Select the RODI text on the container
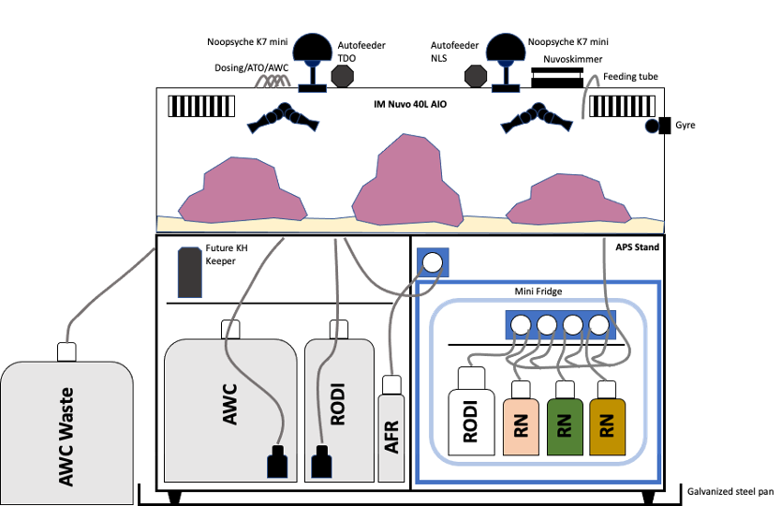[338, 403]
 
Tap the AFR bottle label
[391, 436]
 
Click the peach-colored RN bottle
[521, 427]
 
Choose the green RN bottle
[564, 427]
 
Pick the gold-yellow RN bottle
[607, 427]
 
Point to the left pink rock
[242, 191]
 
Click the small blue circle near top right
[652, 126]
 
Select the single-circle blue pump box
[432, 263]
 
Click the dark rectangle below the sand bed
[190, 273]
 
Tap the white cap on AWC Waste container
[66, 351]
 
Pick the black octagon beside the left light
[343, 74]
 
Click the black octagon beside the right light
[476, 74]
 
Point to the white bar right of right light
[556, 73]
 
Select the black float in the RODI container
[321, 462]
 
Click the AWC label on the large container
[230, 403]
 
